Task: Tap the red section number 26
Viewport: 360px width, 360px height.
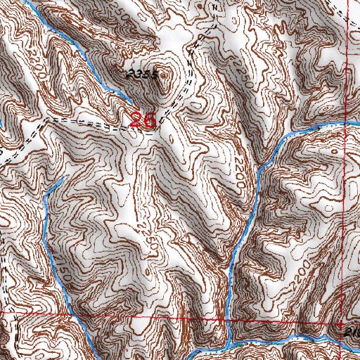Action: [x=143, y=120]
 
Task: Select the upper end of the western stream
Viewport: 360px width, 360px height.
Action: [x=62, y=180]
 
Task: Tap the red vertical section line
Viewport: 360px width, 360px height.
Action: [x=342, y=211]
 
